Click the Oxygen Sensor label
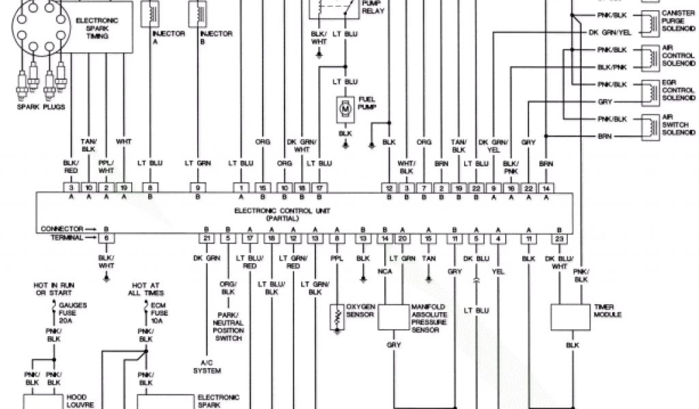point(362,309)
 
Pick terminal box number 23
point(559,238)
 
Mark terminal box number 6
point(106,238)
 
